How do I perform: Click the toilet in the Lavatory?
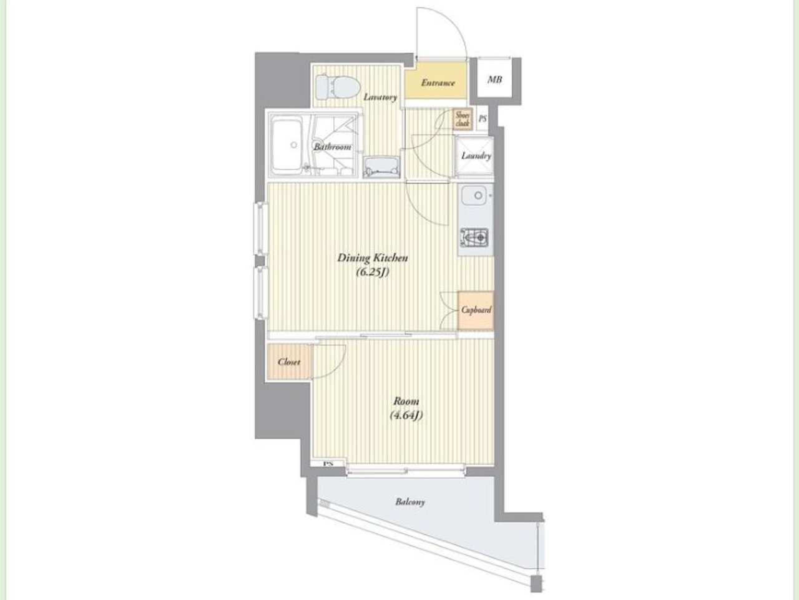pyautogui.click(x=338, y=87)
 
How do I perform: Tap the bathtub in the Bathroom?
pyautogui.click(x=288, y=145)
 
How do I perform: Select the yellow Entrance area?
pyautogui.click(x=436, y=81)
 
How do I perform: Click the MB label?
pyautogui.click(x=494, y=79)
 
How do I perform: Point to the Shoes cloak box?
pyautogui.click(x=463, y=119)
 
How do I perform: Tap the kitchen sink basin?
pyautogui.click(x=474, y=196)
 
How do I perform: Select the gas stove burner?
pyautogui.click(x=474, y=238)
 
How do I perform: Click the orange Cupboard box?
pyautogui.click(x=476, y=310)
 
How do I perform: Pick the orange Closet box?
pyautogui.click(x=290, y=362)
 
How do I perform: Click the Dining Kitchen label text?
pyautogui.click(x=373, y=258)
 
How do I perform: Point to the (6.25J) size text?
pyautogui.click(x=373, y=272)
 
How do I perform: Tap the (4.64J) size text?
pyautogui.click(x=406, y=415)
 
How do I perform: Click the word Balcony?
pyautogui.click(x=410, y=502)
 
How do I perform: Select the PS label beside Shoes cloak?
pyautogui.click(x=483, y=119)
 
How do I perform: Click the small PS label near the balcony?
pyautogui.click(x=328, y=464)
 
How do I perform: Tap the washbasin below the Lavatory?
pyautogui.click(x=381, y=167)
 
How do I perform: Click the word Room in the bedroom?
pyautogui.click(x=406, y=401)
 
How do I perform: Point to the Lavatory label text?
pyautogui.click(x=380, y=97)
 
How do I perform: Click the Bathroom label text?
pyautogui.click(x=332, y=147)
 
